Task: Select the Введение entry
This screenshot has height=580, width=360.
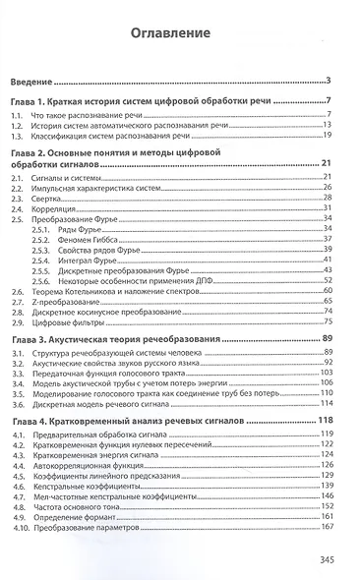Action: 31,80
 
